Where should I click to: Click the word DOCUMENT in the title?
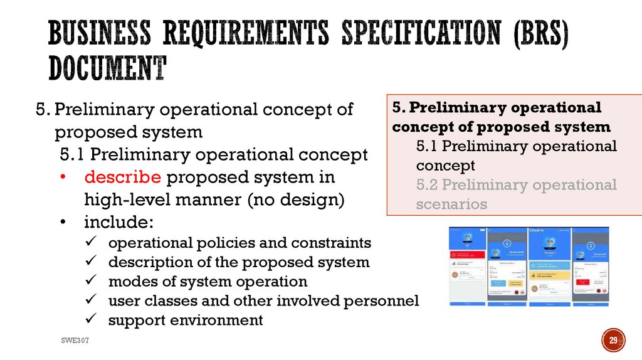pos(107,68)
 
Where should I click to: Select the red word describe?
pos(123,177)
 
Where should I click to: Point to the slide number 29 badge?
pos(613,341)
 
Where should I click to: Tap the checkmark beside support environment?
pos(91,320)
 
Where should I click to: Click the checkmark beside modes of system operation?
pos(91,281)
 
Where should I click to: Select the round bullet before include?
pos(65,223)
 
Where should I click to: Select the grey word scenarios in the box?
pos(451,204)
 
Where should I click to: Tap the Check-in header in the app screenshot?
pos(540,231)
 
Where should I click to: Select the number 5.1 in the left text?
pos(75,154)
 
